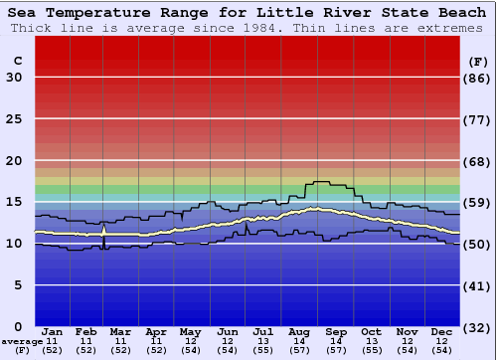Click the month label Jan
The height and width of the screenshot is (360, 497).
click(53, 331)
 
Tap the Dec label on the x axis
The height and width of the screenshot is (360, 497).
click(442, 331)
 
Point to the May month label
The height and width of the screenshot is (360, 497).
click(190, 331)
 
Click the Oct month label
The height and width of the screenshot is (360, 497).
click(371, 331)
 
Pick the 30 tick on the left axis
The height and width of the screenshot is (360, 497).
click(14, 78)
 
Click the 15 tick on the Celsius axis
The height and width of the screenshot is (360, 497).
click(14, 202)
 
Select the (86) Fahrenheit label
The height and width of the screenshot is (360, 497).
click(478, 78)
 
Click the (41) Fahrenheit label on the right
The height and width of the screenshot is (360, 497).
click(478, 285)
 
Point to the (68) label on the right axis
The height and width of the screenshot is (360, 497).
click(478, 161)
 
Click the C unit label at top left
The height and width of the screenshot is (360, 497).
click(17, 61)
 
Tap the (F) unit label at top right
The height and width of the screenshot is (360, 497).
click(478, 61)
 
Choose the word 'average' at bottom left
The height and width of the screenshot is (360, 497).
click(22, 341)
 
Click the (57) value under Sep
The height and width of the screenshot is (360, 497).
click(335, 350)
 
